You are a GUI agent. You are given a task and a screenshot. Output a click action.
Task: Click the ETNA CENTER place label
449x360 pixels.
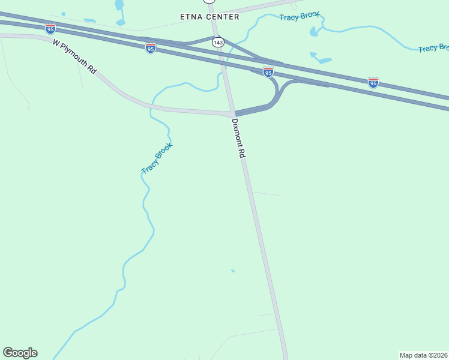click(x=209, y=17)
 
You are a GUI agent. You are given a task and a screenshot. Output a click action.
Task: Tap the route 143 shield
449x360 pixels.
click(x=218, y=42)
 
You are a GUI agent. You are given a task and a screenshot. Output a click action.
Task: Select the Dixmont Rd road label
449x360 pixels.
click(x=239, y=138)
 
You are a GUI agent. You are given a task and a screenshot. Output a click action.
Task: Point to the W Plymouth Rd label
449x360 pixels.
click(x=74, y=56)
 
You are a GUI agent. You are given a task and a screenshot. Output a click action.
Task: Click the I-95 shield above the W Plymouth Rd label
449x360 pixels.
click(x=50, y=28)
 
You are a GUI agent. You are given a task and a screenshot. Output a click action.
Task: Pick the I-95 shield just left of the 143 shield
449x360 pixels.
click(x=151, y=48)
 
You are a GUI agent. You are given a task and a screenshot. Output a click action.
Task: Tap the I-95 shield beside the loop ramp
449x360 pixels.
click(x=268, y=72)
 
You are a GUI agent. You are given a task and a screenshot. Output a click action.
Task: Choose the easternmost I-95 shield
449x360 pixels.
click(x=373, y=83)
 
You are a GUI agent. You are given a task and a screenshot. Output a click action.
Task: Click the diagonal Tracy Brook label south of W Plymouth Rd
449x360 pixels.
click(x=157, y=158)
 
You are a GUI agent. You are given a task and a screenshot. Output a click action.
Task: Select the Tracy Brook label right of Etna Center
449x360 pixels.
click(x=300, y=16)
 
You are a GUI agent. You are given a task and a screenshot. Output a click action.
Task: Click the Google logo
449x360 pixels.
click(x=20, y=353)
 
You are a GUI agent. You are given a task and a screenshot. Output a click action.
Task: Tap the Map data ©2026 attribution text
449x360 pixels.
click(x=423, y=355)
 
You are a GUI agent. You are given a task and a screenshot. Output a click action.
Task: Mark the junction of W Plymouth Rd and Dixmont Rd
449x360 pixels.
click(x=231, y=113)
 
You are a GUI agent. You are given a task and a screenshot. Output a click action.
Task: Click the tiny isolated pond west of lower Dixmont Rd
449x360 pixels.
click(x=233, y=271)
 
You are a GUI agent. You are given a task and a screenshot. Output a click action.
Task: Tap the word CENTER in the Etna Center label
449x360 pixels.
click(x=223, y=17)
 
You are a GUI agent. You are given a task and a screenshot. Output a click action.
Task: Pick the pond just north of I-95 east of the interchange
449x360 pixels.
click(x=322, y=59)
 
